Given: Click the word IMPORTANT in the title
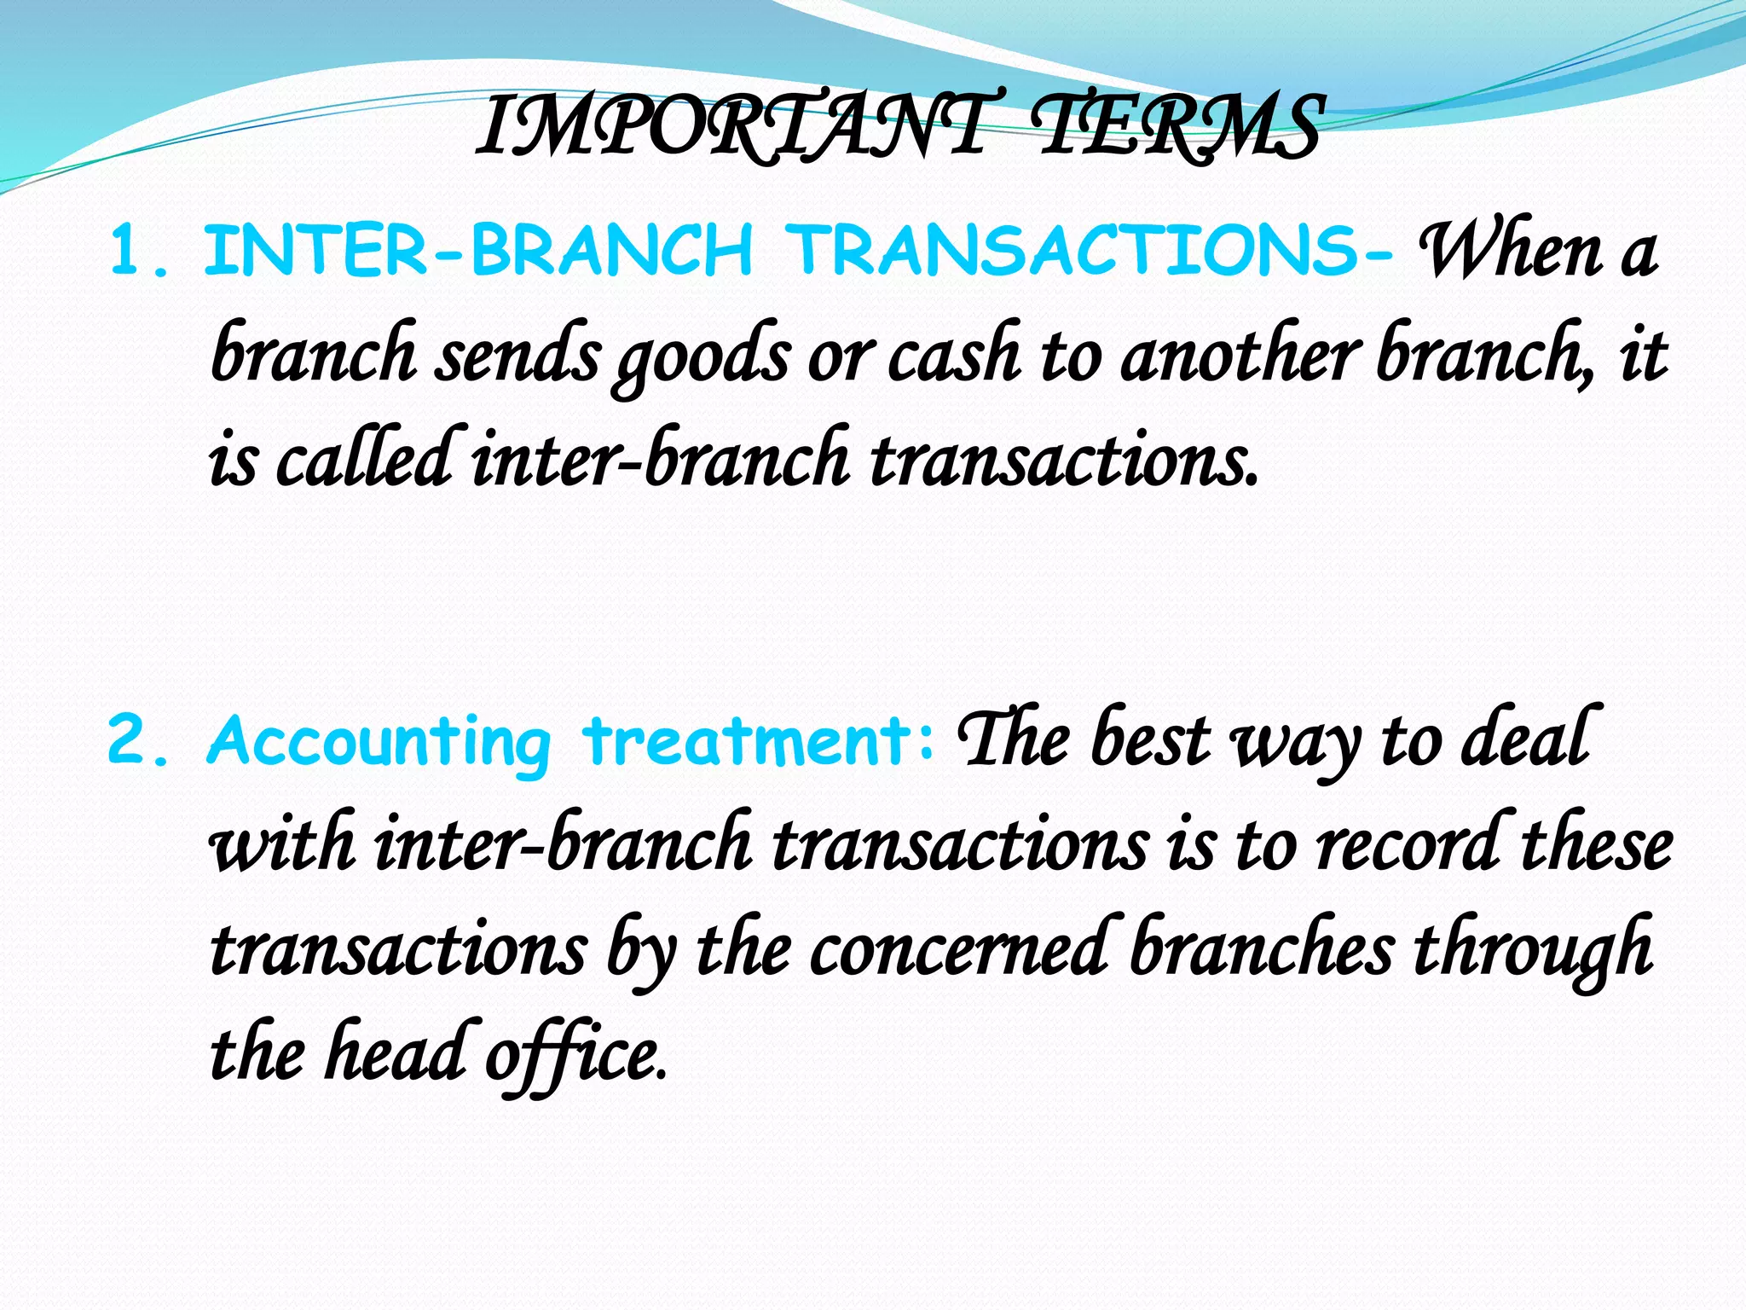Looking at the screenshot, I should (x=733, y=128).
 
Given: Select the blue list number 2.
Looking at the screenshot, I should (x=136, y=740).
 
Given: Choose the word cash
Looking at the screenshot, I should (x=954, y=356).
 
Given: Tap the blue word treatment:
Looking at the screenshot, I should (x=759, y=740).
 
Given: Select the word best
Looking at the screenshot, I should (x=1150, y=740).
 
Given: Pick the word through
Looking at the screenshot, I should (x=1534, y=951).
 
